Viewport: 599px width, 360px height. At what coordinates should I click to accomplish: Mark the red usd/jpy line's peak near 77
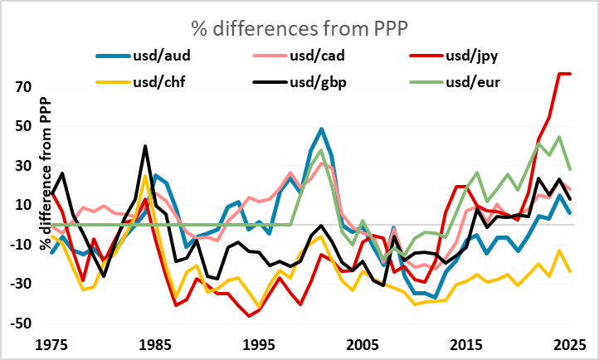coord(563,74)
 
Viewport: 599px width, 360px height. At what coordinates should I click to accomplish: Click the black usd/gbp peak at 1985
coord(145,146)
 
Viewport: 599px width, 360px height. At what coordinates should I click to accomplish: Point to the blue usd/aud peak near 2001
coord(321,129)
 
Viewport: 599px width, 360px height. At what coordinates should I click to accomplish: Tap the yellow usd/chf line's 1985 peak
coord(145,176)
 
